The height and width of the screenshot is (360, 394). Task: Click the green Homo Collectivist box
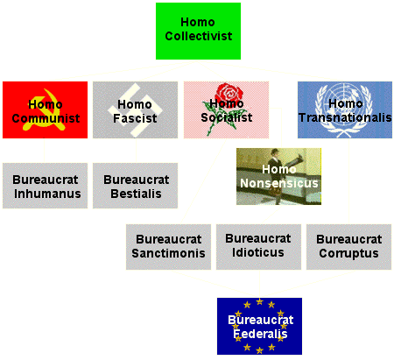tap(198, 31)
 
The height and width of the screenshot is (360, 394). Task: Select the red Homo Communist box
tap(45, 109)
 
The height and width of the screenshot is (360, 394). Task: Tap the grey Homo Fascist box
tap(135, 109)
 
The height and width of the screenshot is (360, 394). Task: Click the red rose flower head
tap(229, 92)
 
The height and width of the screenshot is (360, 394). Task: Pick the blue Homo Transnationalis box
tap(345, 109)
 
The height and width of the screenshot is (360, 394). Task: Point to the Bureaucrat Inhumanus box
tap(45, 186)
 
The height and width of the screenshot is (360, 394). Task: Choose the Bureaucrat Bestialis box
tap(135, 186)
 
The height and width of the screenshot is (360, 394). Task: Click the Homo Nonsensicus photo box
tap(278, 176)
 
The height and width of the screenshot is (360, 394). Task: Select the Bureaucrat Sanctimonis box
tap(168, 247)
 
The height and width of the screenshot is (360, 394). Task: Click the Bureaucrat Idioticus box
tap(258, 247)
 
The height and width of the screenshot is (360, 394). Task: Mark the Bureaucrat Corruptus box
tap(348, 247)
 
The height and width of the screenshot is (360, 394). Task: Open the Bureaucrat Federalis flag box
tap(259, 326)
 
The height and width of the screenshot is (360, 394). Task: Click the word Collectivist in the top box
tap(199, 36)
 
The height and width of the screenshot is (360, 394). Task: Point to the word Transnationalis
tap(345, 117)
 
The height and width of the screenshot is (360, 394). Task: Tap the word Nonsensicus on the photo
tap(279, 183)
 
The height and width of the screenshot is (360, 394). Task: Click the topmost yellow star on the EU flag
tap(259, 301)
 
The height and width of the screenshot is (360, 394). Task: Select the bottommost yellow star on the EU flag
tap(259, 350)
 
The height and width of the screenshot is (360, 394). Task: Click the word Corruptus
tap(348, 254)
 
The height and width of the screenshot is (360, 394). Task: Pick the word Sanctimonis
tap(168, 253)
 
